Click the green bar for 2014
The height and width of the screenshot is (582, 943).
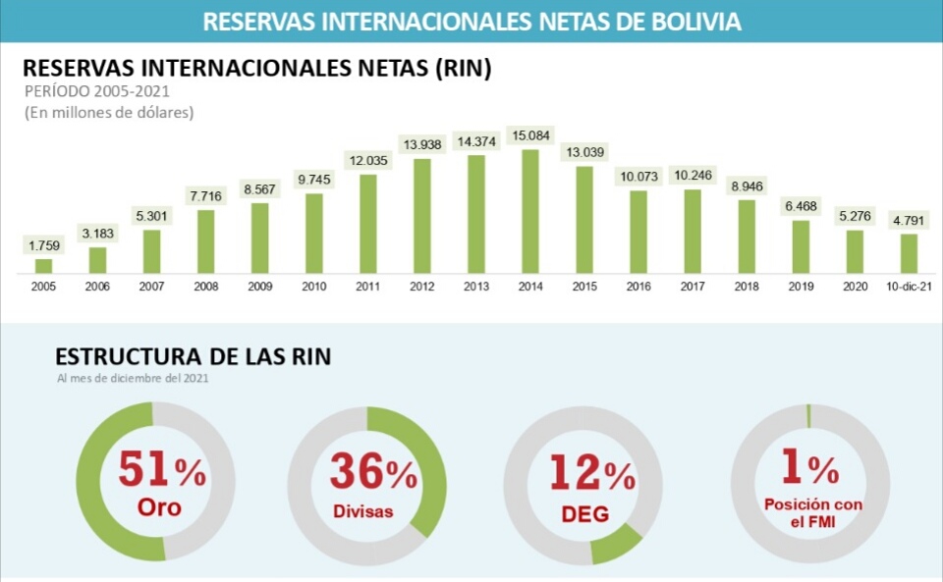click(x=529, y=211)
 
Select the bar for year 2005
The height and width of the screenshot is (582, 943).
click(x=43, y=265)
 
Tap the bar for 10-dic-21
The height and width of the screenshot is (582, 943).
click(x=909, y=253)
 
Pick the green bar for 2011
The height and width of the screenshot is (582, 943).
click(x=368, y=224)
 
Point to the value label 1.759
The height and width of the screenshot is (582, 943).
click(x=43, y=244)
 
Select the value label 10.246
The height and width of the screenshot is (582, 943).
click(x=693, y=175)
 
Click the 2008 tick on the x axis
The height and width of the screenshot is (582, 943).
click(x=205, y=287)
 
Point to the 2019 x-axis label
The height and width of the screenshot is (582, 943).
click(x=801, y=287)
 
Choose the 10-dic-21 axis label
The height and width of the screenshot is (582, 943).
click(x=909, y=287)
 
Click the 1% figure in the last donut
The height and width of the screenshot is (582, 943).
click(x=809, y=469)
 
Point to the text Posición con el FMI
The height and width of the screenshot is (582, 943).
click(x=813, y=512)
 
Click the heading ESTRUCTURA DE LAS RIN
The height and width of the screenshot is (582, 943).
click(x=193, y=357)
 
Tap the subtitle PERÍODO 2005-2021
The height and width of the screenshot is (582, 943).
click(x=96, y=91)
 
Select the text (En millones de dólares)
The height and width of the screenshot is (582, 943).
click(x=109, y=112)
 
